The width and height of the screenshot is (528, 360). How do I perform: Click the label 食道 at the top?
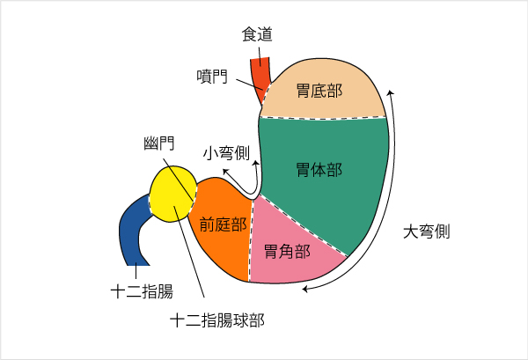(257, 34)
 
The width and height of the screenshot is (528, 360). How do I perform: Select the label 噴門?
(212, 77)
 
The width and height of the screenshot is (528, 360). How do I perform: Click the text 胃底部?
(319, 91)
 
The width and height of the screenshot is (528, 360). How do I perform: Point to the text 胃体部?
(319, 170)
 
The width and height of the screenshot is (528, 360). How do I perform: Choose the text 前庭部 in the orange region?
(223, 224)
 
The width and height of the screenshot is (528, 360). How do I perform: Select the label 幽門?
(159, 143)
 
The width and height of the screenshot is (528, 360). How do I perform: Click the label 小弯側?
(226, 153)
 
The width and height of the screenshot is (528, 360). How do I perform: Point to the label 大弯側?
(427, 231)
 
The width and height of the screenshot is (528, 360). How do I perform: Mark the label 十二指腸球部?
(217, 320)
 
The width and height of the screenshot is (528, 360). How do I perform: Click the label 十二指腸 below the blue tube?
(142, 291)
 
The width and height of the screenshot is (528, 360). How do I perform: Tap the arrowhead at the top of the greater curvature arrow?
(390, 92)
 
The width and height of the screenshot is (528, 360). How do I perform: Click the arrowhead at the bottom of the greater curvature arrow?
(305, 289)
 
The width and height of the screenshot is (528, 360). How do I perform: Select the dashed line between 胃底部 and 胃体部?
(323, 118)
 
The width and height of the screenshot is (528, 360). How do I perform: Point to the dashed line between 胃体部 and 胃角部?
(301, 225)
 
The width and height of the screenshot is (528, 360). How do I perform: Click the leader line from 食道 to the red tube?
(260, 55)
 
